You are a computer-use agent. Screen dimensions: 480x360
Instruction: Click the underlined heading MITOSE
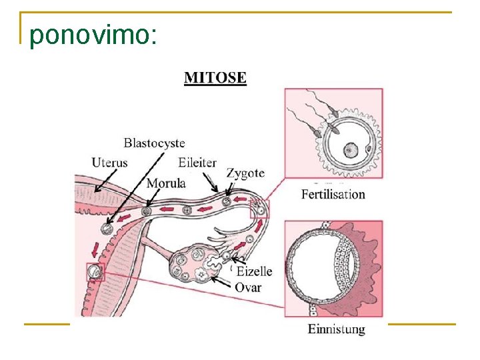pyautogui.click(x=215, y=78)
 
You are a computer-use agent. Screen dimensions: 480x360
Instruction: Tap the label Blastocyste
pyautogui.click(x=154, y=143)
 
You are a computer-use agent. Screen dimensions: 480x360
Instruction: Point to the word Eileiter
pyautogui.click(x=197, y=162)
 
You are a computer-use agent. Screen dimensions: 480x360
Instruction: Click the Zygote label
pyautogui.click(x=245, y=173)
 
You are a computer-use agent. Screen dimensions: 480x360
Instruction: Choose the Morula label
pyautogui.click(x=166, y=183)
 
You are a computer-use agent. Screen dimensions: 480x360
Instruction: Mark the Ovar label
pyautogui.click(x=247, y=287)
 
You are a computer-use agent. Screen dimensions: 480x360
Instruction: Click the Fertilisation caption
pyautogui.click(x=333, y=195)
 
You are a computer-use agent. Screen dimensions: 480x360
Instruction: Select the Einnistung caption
pyautogui.click(x=336, y=329)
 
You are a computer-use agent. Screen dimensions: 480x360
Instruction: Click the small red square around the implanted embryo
pyautogui.click(x=95, y=273)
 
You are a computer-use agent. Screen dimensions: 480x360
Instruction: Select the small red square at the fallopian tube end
pyautogui.click(x=259, y=209)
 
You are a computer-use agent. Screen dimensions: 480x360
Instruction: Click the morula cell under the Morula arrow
pyautogui.click(x=147, y=211)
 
